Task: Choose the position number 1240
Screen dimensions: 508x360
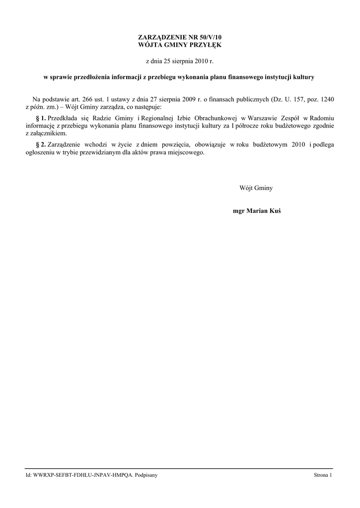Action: coord(326,99)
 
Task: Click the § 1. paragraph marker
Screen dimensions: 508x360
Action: coord(41,118)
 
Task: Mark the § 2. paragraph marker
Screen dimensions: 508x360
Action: coord(41,144)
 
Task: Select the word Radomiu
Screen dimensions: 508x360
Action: coord(322,118)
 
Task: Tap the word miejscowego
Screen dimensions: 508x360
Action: coord(186,153)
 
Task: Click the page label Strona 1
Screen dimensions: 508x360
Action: coord(323,475)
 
